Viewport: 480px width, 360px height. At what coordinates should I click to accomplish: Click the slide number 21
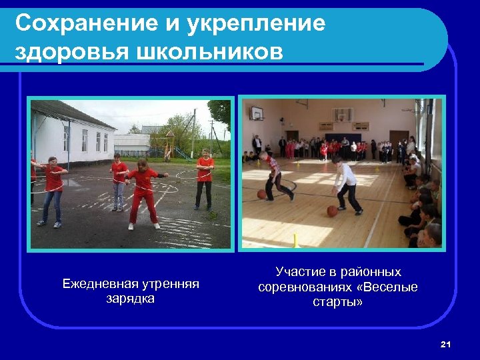click(x=446, y=344)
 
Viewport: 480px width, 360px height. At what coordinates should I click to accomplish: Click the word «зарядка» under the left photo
click(x=131, y=298)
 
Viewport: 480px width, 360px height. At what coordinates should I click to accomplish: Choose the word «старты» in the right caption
click(x=338, y=301)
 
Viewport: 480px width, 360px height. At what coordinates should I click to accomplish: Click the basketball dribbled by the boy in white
click(x=332, y=211)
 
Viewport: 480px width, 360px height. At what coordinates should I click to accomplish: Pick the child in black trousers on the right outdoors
click(x=204, y=179)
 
